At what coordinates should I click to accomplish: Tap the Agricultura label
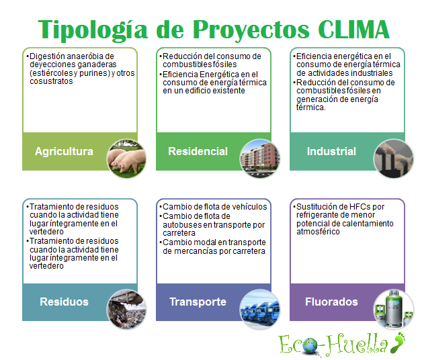point(64,151)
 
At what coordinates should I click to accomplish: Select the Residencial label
point(198,151)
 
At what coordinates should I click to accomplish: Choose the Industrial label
point(331,151)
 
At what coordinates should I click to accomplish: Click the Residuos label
point(64,302)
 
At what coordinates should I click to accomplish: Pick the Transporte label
point(198,302)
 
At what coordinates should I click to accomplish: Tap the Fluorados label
point(331,302)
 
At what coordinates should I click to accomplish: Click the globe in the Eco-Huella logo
point(310,347)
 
